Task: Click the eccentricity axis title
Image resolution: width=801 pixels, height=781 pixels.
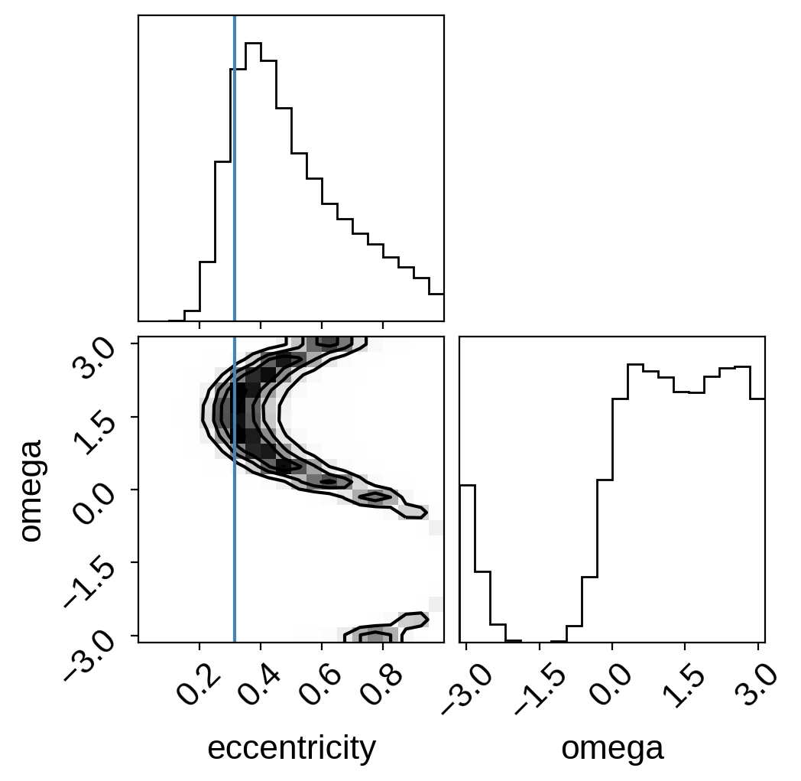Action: [292, 749]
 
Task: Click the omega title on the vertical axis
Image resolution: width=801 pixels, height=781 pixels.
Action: [31, 490]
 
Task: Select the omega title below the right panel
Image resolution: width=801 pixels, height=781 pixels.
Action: [612, 750]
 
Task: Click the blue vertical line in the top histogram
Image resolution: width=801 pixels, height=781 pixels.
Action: [235, 168]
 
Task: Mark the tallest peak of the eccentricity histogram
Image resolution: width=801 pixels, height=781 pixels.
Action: [254, 44]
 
